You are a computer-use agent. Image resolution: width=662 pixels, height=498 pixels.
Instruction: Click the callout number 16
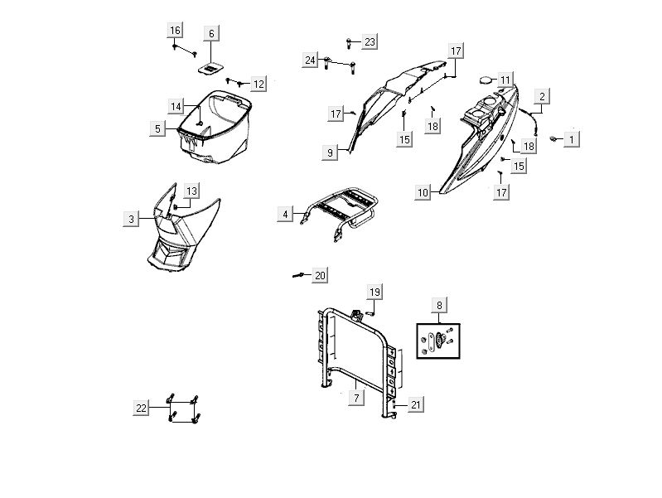coord(175,31)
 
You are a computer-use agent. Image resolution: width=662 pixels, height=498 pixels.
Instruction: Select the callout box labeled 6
coord(211,33)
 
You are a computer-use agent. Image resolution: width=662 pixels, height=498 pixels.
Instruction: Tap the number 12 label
coord(259,84)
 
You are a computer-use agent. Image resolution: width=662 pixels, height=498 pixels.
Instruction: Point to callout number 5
coord(157,128)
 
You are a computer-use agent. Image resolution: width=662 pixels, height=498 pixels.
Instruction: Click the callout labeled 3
coord(131,219)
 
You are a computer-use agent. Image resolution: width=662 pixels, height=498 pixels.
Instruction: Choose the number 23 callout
coord(369,41)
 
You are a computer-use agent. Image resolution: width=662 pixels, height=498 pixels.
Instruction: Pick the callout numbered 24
coord(310,60)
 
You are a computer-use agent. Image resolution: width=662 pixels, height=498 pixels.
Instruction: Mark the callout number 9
coord(331,152)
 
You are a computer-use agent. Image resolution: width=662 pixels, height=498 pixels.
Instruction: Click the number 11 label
coord(505,80)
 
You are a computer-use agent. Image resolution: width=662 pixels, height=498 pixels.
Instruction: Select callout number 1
coord(571,140)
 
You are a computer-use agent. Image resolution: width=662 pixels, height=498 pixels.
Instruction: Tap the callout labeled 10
coord(423,193)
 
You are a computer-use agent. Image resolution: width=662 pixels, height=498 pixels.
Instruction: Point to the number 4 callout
coord(285,214)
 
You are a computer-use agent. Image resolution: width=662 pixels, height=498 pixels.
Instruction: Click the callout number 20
coord(320,275)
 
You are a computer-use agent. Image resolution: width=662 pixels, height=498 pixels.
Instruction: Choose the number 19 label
coord(374,292)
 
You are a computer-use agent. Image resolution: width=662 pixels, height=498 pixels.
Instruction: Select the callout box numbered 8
coord(438,305)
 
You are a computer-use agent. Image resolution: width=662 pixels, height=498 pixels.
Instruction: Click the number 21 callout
coord(416,404)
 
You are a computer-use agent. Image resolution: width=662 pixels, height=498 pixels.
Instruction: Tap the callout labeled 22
coord(141,407)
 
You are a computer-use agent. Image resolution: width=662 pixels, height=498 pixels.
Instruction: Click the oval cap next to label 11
coord(483,80)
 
